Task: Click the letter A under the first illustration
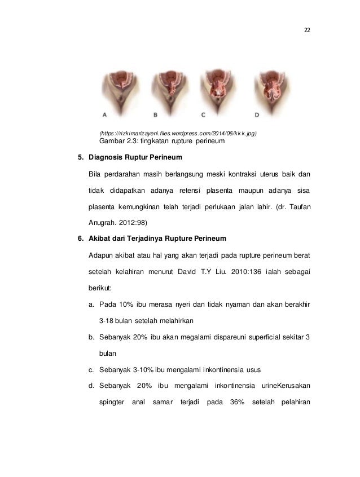[105, 114]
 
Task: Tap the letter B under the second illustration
[156, 114]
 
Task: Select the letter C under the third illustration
[204, 114]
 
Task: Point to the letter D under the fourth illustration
[257, 114]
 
